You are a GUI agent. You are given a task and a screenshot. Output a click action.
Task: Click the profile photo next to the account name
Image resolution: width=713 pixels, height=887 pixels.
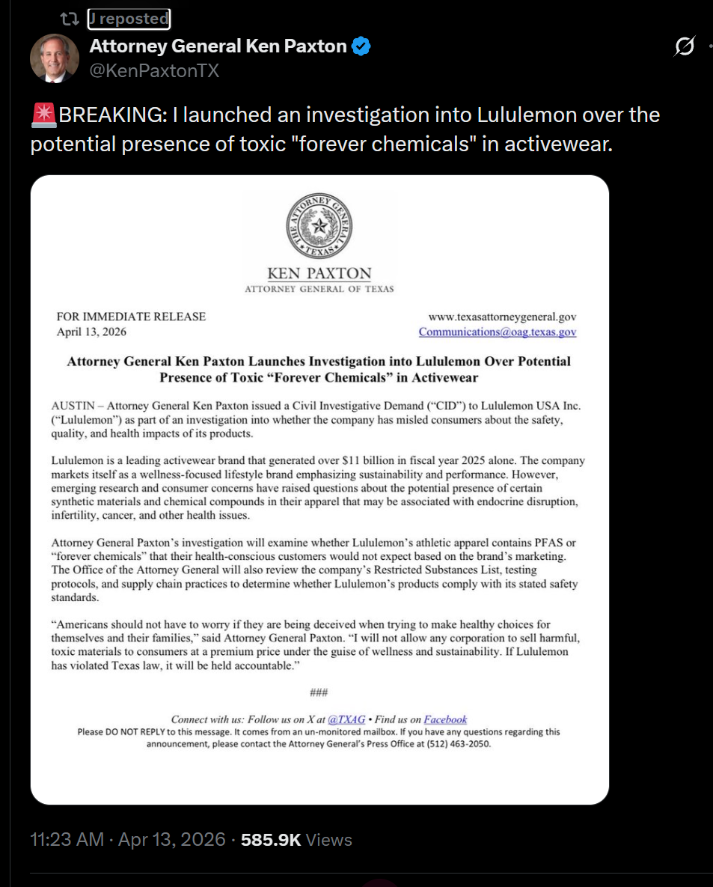coord(55,58)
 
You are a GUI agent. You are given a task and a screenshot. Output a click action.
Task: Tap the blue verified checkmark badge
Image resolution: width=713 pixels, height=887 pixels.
coord(361,46)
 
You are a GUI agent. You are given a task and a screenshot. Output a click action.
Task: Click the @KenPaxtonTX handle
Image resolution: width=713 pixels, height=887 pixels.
coord(154,71)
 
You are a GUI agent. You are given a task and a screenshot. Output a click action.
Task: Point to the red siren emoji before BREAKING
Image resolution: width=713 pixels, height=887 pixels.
coord(43,115)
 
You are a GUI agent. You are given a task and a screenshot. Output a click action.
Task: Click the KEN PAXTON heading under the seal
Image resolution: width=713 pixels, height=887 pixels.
coord(319,273)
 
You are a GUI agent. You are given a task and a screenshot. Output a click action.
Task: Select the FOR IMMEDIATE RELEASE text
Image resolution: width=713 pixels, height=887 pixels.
coord(131,317)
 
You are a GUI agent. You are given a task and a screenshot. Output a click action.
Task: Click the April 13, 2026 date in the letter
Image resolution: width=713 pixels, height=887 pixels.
coord(92,332)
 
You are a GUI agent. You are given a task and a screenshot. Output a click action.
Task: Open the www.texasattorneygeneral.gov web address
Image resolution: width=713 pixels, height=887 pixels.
coord(502,317)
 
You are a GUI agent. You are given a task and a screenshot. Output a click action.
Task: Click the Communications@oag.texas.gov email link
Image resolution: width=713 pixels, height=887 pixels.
coord(498,332)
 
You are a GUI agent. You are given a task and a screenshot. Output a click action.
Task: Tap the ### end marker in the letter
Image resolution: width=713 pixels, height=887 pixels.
coord(319,692)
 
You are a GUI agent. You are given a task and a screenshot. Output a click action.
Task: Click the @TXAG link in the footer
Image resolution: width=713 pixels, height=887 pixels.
coord(347,719)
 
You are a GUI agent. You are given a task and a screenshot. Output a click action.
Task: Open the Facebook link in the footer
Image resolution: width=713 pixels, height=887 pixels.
coord(445,719)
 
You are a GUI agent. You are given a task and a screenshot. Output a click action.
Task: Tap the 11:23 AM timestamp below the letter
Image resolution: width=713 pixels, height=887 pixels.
coord(67,840)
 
